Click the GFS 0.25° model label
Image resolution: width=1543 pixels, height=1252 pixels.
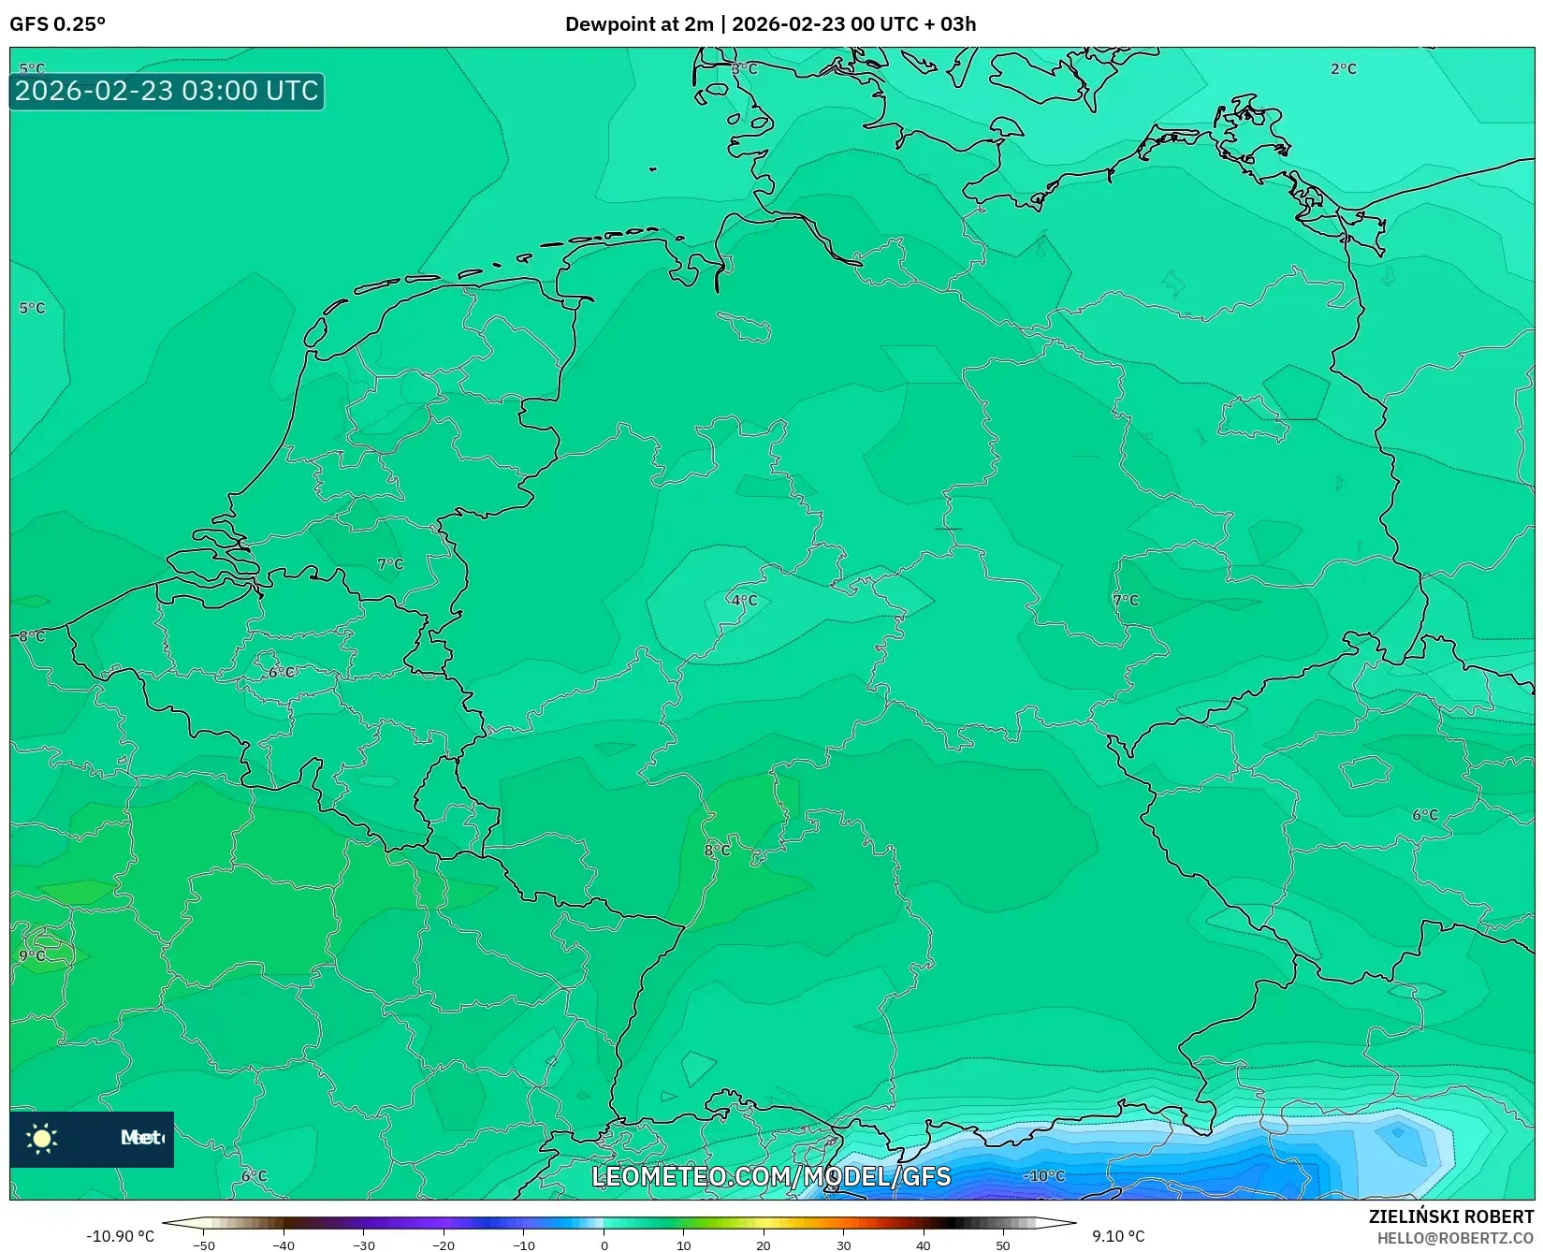[x=57, y=24]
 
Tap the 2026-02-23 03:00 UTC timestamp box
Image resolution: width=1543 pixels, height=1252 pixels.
[x=167, y=91]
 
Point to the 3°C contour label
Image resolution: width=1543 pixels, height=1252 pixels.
[x=744, y=69]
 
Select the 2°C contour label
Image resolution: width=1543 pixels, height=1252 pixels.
[x=1343, y=69]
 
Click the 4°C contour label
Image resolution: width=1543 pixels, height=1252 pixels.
[x=744, y=600]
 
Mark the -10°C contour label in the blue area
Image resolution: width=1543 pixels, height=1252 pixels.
[x=1043, y=1175]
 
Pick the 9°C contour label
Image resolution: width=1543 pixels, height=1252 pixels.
[x=32, y=955]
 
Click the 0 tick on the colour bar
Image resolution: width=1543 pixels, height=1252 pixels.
[x=604, y=1245]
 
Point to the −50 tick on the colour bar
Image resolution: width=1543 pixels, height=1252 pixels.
[x=203, y=1245]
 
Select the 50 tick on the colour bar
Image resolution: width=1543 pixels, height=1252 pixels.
[x=1003, y=1245]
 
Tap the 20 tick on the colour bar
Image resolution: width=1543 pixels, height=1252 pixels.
[x=764, y=1245]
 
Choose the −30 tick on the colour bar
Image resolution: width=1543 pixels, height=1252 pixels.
[x=363, y=1245]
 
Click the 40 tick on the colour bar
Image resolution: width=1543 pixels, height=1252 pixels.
[x=924, y=1245]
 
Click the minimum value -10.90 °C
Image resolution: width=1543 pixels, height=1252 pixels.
[x=120, y=1236]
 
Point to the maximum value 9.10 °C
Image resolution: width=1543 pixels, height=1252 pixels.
[x=1117, y=1236]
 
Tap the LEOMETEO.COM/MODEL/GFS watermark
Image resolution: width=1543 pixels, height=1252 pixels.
[x=771, y=1176]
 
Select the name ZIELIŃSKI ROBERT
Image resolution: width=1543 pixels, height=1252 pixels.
[x=1450, y=1216]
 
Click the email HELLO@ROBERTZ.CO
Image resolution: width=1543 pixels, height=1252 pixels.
[x=1454, y=1238]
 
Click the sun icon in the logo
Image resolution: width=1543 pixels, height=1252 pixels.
[x=42, y=1138]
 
